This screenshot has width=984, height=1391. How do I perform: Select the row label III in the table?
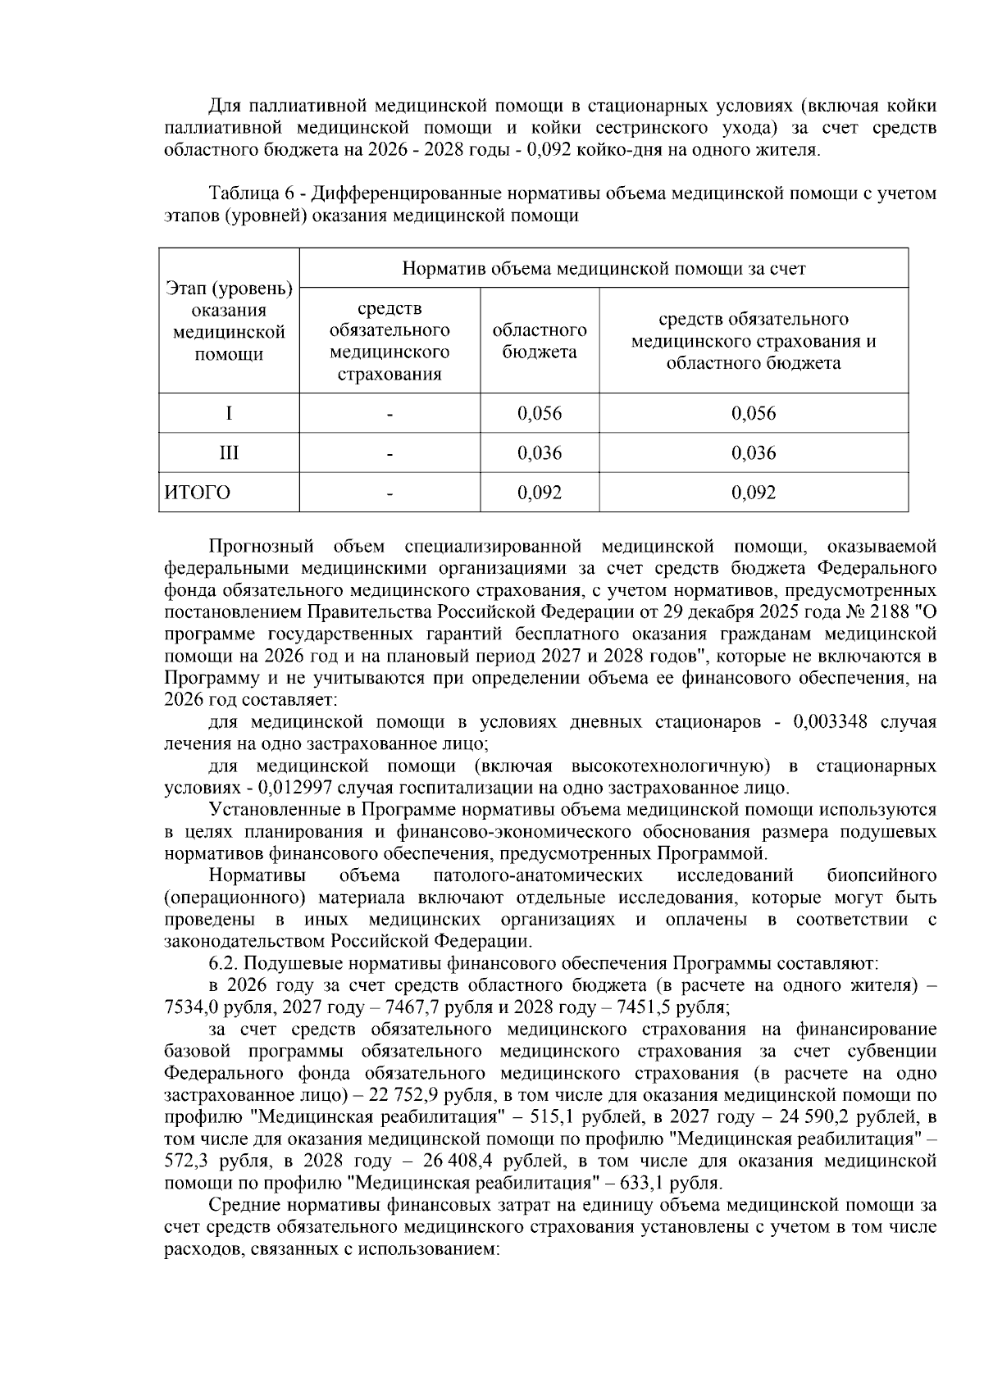point(229,453)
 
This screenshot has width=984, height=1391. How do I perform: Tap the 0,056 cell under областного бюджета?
point(540,413)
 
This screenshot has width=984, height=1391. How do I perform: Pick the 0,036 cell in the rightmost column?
point(753,453)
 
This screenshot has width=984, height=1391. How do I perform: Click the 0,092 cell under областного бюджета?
point(540,493)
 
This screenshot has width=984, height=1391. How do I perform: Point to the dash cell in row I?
point(390,413)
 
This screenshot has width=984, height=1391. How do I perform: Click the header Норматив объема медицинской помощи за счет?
point(604,268)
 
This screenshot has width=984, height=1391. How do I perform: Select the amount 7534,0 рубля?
point(206,1007)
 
